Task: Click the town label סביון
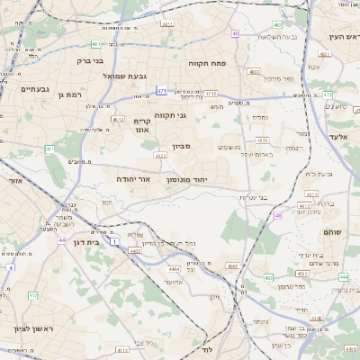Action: [183, 145]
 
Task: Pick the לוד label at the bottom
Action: [206, 347]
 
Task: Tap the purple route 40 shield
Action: [236, 34]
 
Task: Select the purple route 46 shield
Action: [278, 216]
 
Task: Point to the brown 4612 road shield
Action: [118, 118]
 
